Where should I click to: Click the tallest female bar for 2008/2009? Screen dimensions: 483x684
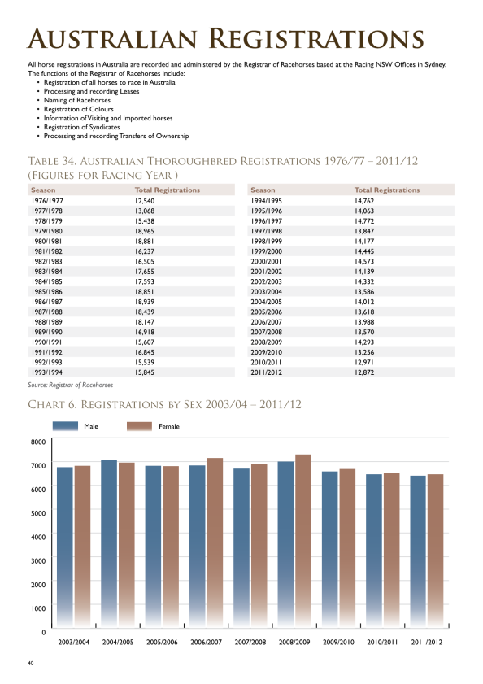coord(303,541)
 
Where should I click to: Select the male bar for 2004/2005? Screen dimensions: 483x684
coord(109,544)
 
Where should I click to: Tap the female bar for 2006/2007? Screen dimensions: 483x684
coord(215,542)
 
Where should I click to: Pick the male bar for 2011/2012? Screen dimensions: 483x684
coord(418,551)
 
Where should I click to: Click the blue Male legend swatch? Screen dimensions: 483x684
coord(65,426)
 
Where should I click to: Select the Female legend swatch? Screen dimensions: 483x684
coord(140,426)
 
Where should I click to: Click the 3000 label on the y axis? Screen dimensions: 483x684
coord(38,560)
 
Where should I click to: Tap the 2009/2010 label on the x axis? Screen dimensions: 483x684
coord(338,643)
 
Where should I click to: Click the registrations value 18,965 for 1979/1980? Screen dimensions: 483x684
coord(145,231)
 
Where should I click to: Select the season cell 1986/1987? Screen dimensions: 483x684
coord(46,302)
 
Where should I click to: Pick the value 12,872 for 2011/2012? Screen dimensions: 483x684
coord(364,372)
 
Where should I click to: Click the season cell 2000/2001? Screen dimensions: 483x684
coord(266,261)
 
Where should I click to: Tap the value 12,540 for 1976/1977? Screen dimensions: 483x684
coord(145,201)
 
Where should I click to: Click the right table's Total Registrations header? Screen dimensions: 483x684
coord(387,190)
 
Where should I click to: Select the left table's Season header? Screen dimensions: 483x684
coord(43,190)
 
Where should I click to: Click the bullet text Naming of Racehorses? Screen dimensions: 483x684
coord(77,100)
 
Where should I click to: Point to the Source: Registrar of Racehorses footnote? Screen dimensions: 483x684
coord(71,385)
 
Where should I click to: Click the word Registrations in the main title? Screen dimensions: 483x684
coord(316,38)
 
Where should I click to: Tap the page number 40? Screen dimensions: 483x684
coord(31,663)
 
